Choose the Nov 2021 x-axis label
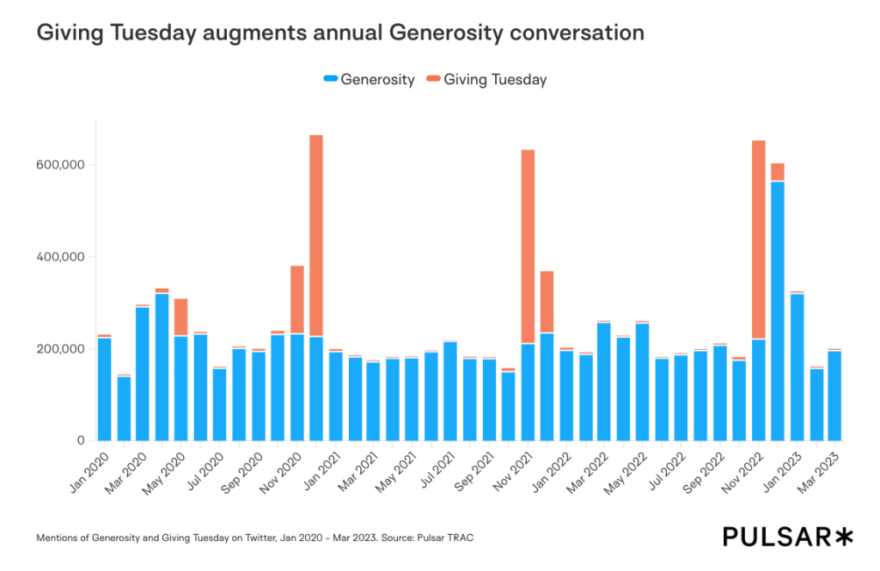point(514,470)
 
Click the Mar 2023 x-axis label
point(822,470)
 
